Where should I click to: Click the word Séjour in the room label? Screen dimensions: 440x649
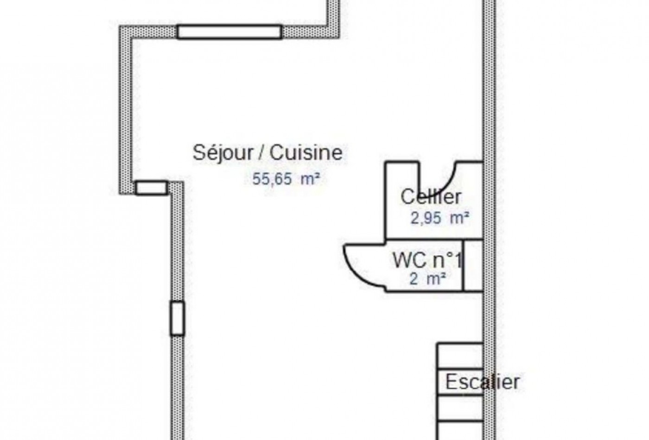(x=223, y=152)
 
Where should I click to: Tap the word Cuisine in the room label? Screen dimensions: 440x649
(x=306, y=152)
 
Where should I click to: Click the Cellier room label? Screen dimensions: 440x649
(x=431, y=197)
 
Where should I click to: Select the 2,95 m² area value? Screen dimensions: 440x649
(x=439, y=218)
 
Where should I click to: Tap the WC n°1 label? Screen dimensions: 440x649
(x=427, y=260)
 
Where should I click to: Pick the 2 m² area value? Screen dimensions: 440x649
(x=427, y=279)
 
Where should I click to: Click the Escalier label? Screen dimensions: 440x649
(x=482, y=382)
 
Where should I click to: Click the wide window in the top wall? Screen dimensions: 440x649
(x=229, y=31)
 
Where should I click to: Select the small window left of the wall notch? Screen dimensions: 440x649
(x=151, y=188)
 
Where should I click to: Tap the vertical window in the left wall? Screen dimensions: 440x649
(x=177, y=318)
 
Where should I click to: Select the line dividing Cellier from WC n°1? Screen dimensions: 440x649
(x=433, y=239)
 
